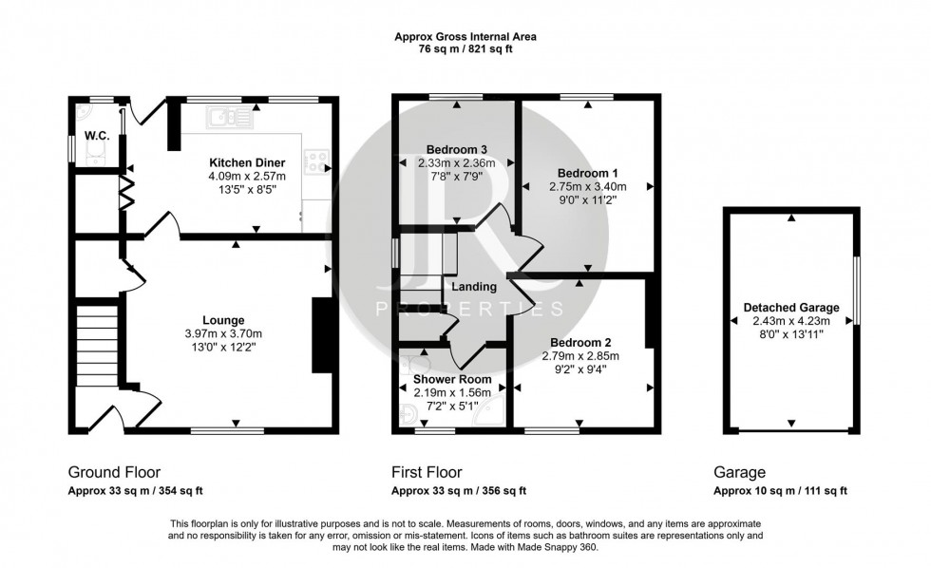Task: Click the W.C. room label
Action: point(95,136)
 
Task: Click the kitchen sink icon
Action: point(229,118)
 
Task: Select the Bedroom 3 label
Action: point(457,149)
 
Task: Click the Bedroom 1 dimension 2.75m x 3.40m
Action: point(588,187)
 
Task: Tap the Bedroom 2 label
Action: point(579,342)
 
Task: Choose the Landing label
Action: point(473,287)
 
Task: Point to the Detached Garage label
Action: point(790,308)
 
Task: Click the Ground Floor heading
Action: point(114,472)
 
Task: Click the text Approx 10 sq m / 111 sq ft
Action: point(780,491)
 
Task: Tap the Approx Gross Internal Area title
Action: point(465,37)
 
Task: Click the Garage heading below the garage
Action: point(739,472)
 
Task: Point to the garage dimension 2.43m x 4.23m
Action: point(790,321)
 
